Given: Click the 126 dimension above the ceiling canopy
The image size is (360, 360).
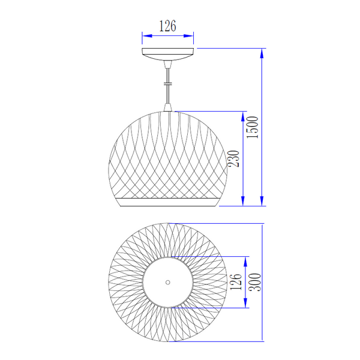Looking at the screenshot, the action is click(x=167, y=26).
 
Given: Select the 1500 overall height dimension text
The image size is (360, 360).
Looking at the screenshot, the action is click(x=253, y=127).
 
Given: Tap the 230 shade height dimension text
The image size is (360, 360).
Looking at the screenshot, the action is click(x=233, y=158).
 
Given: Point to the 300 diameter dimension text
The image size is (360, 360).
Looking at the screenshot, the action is click(x=255, y=282).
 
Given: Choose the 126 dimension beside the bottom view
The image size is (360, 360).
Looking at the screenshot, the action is click(x=236, y=282).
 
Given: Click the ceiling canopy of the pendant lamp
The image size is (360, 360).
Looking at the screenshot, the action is click(x=168, y=54).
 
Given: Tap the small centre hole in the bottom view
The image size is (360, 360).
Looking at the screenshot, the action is click(x=168, y=282).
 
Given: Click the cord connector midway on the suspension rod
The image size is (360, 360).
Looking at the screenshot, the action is click(x=168, y=84).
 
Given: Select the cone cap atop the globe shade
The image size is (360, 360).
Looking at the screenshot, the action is click(x=168, y=107).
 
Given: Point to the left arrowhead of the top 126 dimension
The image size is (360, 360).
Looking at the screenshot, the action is click(x=147, y=36).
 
